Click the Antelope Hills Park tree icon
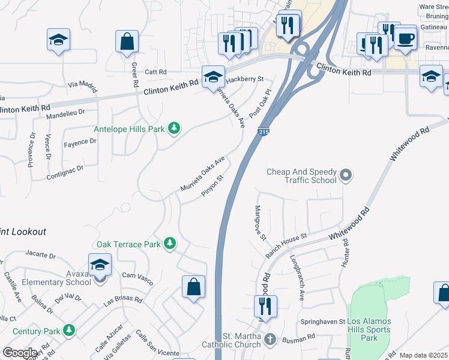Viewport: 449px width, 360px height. coord(174,128)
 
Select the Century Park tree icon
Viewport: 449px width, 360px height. coord(70,331)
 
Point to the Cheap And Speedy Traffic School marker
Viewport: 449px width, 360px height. coord(345,176)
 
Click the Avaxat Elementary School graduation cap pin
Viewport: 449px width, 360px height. coord(100,265)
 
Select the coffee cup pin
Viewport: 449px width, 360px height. coord(406,39)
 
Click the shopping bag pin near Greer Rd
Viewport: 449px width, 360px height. coord(127,43)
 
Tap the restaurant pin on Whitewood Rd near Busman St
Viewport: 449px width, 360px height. coord(264,307)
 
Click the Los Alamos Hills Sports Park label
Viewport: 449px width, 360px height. coord(369,330)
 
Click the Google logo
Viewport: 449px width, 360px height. coord(20,353)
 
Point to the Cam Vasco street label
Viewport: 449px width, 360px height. coord(137,278)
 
